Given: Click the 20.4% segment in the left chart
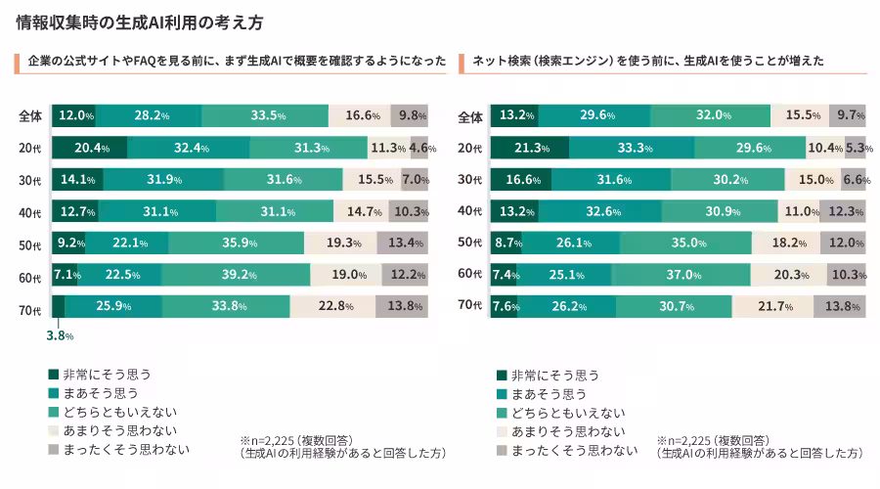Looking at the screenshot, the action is [90, 148].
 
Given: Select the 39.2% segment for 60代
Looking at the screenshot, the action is [236, 275].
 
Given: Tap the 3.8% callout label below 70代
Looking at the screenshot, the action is [60, 335].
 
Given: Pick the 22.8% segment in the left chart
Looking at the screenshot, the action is [332, 306].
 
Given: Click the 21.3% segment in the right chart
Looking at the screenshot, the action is [530, 148].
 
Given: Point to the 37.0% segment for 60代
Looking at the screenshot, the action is [681, 275].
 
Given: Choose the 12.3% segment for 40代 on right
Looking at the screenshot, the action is [843, 211].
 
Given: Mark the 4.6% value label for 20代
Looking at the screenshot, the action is [422, 148].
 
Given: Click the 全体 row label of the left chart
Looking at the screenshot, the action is [30, 116].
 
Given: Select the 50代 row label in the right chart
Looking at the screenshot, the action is [469, 242].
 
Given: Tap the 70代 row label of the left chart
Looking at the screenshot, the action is [30, 310].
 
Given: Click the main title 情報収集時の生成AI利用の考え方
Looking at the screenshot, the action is [140, 22].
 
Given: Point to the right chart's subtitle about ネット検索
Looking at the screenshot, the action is [648, 61].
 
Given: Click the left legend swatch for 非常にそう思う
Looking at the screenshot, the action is [54, 374].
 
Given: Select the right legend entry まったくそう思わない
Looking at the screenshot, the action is [567, 450].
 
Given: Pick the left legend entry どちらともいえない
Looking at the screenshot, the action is [112, 412].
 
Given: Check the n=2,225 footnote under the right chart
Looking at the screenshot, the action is [760, 447].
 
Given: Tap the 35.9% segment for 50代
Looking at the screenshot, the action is [237, 243].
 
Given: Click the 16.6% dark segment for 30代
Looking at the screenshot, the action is [521, 180].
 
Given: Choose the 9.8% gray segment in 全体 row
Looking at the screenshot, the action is [409, 115].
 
